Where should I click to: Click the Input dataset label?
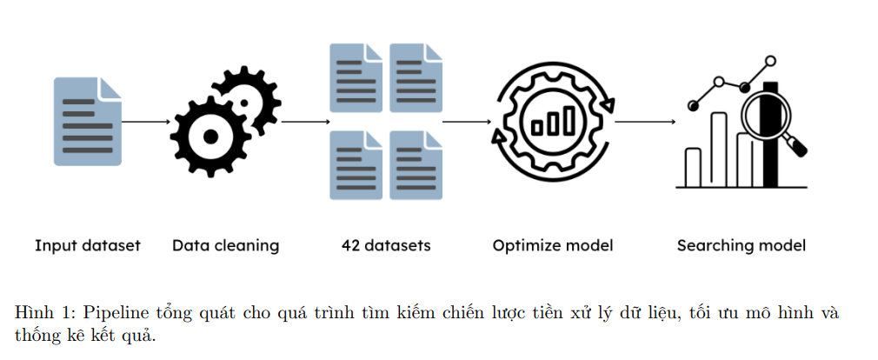coord(87,245)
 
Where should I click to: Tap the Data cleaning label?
coord(225,245)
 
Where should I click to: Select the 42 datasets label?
coord(386,245)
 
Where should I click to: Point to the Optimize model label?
coord(552,245)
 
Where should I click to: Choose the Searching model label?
coord(741,245)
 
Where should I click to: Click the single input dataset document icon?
coord(88,121)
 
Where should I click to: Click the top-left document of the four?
coord(356,77)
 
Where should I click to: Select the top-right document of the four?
coord(416,77)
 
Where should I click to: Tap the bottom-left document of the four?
coord(356,164)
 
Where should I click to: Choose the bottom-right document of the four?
coord(416,164)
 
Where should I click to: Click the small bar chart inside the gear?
coord(553,123)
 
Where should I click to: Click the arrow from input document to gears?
coord(145,122)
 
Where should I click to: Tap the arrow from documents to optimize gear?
coord(466,122)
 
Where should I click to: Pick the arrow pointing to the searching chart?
coord(645,122)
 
